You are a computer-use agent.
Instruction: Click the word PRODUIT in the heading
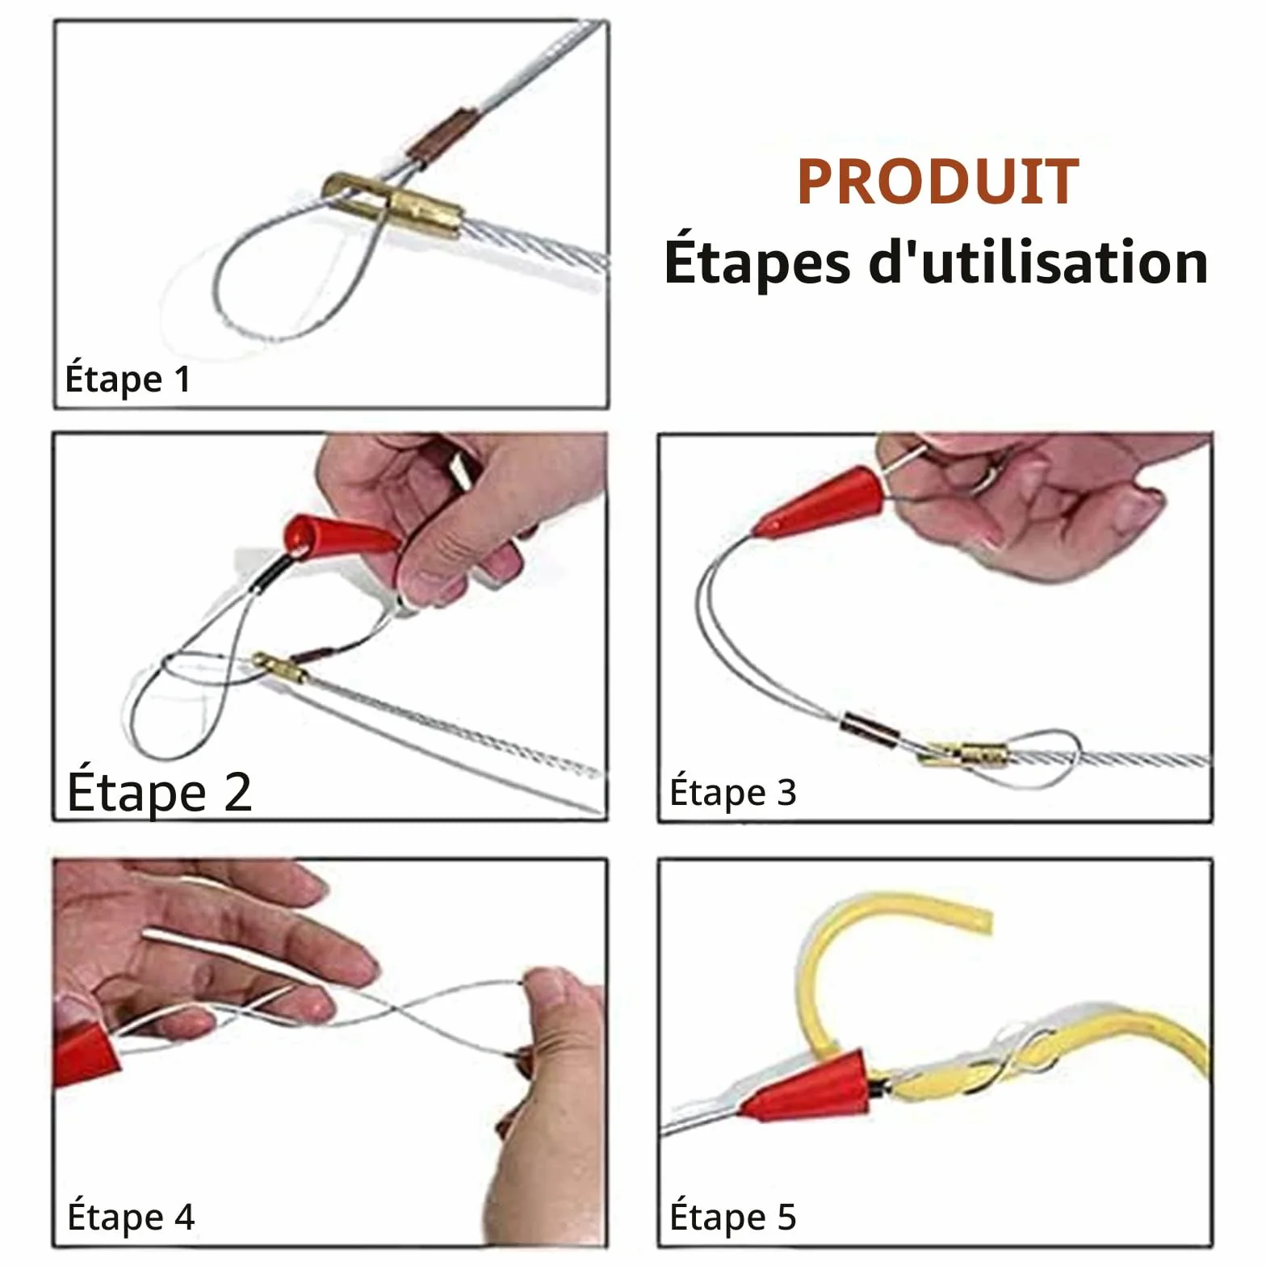(x=937, y=182)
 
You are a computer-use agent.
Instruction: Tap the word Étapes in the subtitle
(x=757, y=262)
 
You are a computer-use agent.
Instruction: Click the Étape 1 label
(x=128, y=379)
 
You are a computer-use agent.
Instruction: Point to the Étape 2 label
(x=159, y=792)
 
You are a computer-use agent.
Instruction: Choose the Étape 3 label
(x=733, y=792)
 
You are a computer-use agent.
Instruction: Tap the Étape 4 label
(x=131, y=1217)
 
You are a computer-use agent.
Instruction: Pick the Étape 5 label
(x=733, y=1217)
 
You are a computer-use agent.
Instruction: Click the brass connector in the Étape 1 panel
(x=393, y=206)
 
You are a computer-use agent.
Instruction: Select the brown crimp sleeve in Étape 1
(x=443, y=133)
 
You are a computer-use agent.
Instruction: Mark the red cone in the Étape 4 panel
(x=85, y=1053)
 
